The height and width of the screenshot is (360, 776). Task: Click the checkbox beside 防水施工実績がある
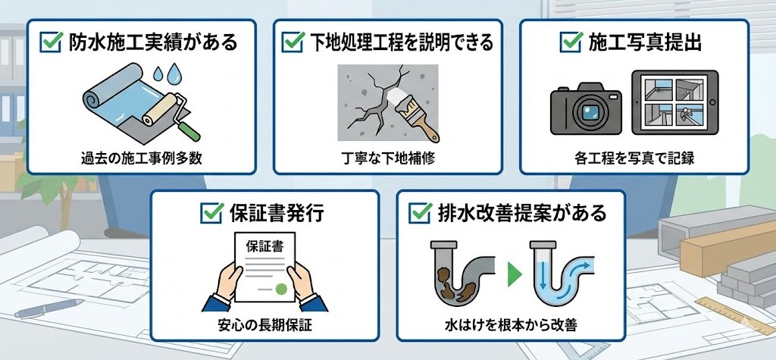pos(51,42)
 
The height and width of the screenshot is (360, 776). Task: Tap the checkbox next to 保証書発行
pos(211,213)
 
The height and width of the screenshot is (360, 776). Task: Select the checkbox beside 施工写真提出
pos(571,42)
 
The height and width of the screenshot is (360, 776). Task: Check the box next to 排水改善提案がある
pos(420,213)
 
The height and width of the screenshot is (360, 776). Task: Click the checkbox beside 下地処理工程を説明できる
pos(293,42)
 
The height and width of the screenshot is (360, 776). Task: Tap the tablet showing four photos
pos(674,102)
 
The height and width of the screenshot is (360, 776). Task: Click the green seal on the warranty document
pos(281,289)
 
